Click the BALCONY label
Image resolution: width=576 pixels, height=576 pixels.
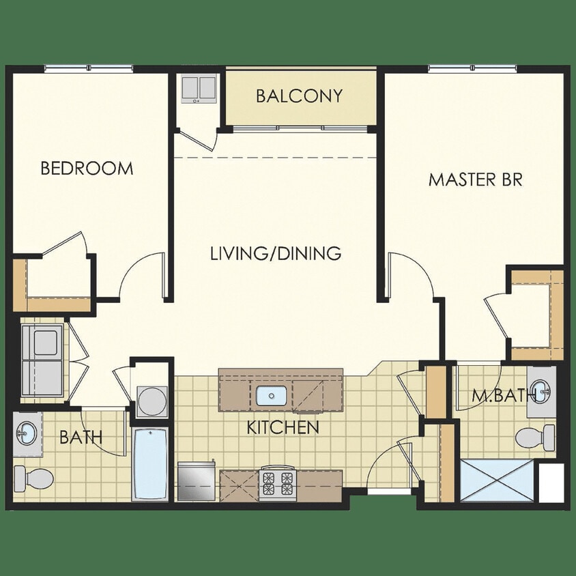[x=299, y=96]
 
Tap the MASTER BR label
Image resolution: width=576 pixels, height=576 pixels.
[x=475, y=179]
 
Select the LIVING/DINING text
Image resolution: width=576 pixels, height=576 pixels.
[x=275, y=253]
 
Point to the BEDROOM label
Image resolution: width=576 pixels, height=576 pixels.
[x=87, y=169]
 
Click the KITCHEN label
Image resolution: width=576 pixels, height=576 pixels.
[x=283, y=429]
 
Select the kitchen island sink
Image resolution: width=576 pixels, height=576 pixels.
[x=272, y=394]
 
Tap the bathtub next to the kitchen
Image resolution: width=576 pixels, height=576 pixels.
[x=150, y=464]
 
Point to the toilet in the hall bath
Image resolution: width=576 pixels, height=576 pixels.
[x=33, y=477]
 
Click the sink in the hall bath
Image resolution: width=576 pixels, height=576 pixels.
[x=27, y=431]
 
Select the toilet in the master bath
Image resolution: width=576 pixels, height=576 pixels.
[x=535, y=435]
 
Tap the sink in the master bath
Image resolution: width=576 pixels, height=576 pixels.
[x=543, y=390]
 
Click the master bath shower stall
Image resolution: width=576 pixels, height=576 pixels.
[x=497, y=480]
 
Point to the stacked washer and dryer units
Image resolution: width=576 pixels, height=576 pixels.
[x=42, y=359]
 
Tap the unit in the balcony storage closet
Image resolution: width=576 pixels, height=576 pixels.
[x=198, y=89]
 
